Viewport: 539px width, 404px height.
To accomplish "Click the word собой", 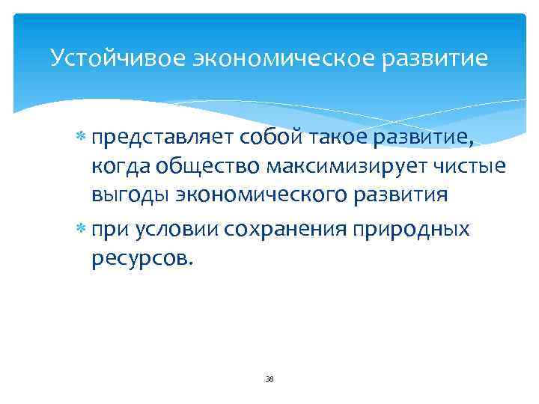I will pos(265,135).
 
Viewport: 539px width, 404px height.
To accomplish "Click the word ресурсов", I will pos(143,259).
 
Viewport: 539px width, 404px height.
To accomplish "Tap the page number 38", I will pos(269,379).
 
